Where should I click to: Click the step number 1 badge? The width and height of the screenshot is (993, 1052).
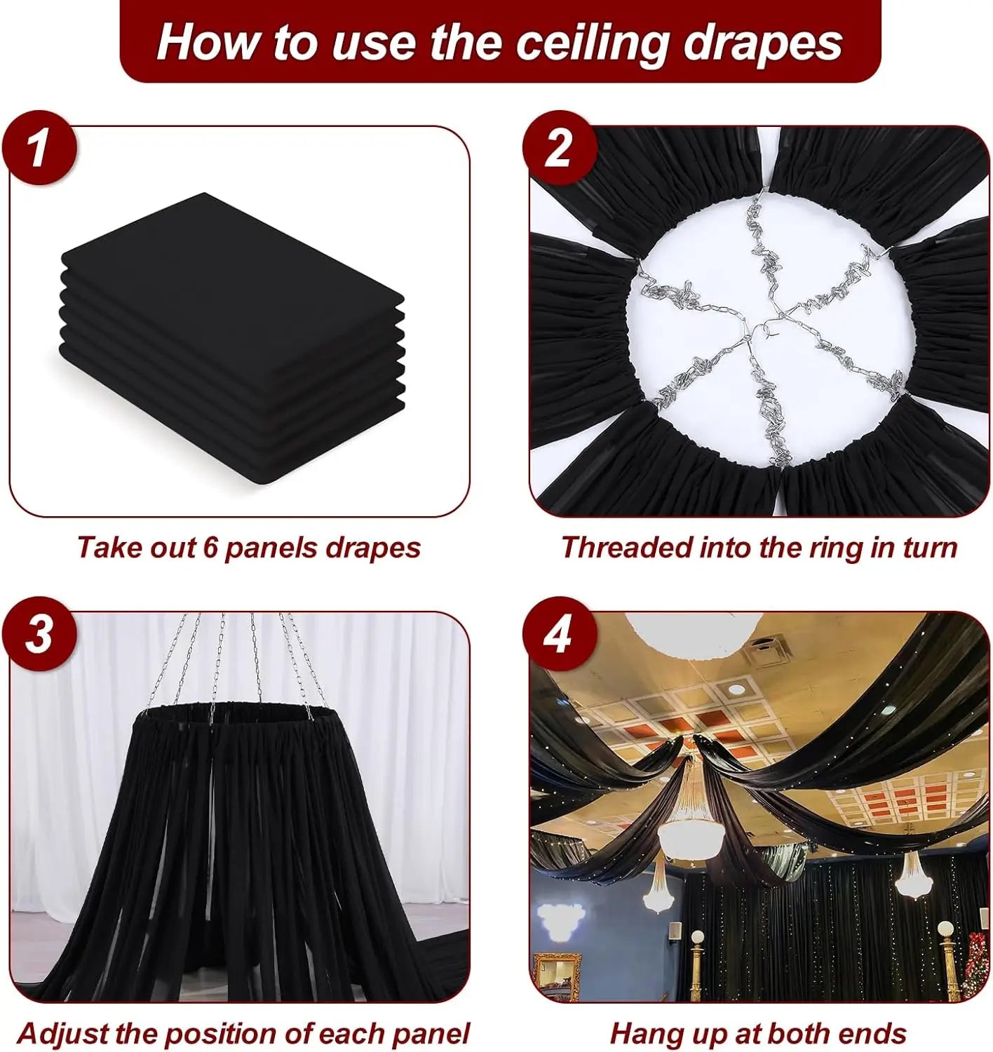pyautogui.click(x=38, y=149)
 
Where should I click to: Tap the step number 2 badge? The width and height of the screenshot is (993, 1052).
pyautogui.click(x=559, y=149)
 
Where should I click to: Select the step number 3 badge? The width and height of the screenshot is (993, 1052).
pyautogui.click(x=38, y=634)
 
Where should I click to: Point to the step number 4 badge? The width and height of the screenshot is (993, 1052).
pyautogui.click(x=559, y=634)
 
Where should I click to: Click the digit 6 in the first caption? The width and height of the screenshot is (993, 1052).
pyautogui.click(x=211, y=548)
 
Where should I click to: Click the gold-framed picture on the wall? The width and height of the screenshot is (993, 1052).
pyautogui.click(x=557, y=971)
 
